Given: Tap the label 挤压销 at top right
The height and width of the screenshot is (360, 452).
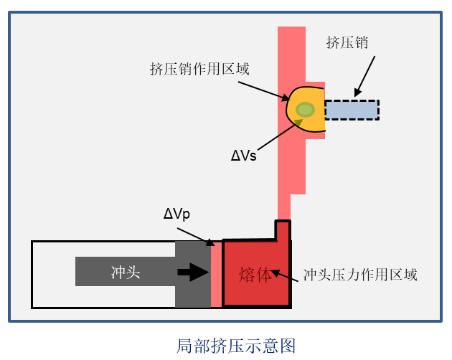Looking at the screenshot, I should tap(347, 42).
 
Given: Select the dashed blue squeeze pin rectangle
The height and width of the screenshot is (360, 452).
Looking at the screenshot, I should tap(352, 110).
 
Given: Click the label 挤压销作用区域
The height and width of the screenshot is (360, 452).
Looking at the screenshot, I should tap(199, 70).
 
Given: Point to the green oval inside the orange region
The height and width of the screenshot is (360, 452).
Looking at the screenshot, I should tap(306, 110).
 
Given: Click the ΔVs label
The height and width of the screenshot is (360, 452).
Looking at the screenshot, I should tap(243, 155).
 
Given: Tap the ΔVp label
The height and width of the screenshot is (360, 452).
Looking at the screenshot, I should tap(176, 214).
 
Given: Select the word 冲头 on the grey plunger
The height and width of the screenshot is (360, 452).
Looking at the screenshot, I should tap(126, 273).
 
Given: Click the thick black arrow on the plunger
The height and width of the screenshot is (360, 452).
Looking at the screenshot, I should tap(192, 273).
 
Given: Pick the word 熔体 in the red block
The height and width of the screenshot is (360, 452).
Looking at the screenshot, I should tap(256, 274).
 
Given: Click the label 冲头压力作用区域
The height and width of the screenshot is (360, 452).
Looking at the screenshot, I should tap(360, 274).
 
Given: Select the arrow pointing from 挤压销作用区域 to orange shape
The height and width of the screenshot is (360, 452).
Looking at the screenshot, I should tap(263, 90).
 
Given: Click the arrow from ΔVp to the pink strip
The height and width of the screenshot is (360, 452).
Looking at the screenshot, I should tap(201, 235).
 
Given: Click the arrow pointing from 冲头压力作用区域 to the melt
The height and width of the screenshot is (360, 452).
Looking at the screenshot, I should tap(285, 274).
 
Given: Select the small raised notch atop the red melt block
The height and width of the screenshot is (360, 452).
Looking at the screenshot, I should tap(283, 229).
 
